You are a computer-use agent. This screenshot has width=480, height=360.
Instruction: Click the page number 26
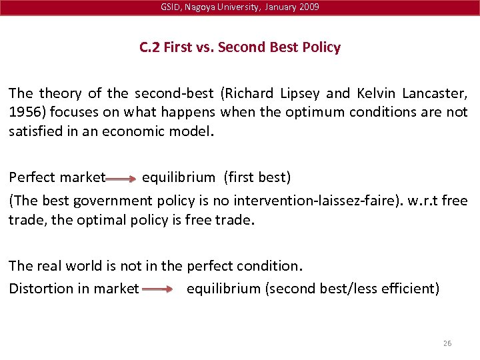point(447,343)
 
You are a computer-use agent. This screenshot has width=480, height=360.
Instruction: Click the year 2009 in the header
point(309,7)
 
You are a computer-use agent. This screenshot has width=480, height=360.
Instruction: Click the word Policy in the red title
point(321,48)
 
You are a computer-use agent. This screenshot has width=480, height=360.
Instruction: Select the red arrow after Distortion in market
point(157,290)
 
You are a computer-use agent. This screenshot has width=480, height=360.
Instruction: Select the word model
point(194,131)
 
